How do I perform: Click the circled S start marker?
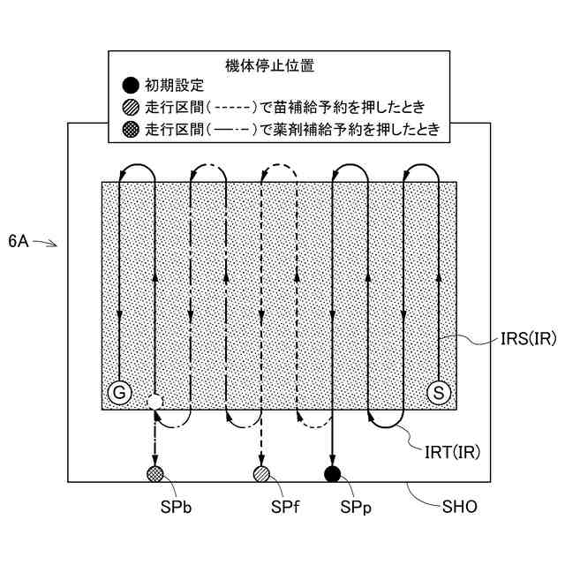click(x=439, y=391)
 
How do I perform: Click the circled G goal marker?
click(x=117, y=391)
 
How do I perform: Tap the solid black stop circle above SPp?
click(x=333, y=475)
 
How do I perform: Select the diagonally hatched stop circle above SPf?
click(x=261, y=475)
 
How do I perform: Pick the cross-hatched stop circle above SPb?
click(x=154, y=475)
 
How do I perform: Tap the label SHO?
click(x=459, y=507)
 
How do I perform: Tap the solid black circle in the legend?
click(x=130, y=86)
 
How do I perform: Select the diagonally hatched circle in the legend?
click(x=130, y=108)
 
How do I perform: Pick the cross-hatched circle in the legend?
click(x=130, y=131)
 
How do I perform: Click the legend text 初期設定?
click(x=174, y=86)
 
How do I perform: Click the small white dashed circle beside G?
click(x=154, y=402)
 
